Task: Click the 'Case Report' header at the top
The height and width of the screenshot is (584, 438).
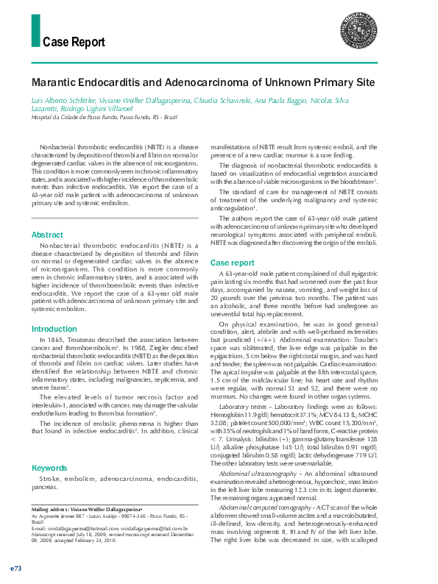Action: tap(74, 42)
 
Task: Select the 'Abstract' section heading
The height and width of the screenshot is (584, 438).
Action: tap(47, 235)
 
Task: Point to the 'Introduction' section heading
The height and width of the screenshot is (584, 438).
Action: tap(54, 329)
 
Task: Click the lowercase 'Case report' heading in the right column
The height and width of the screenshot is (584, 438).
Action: tap(233, 263)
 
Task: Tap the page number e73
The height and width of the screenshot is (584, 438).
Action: tap(15, 569)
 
